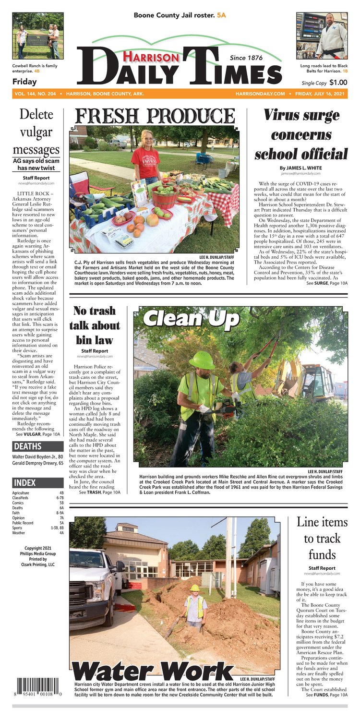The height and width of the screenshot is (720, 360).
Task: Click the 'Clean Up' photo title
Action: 191,318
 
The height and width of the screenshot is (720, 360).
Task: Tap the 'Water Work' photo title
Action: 153,671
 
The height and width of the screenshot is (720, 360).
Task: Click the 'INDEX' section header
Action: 25,482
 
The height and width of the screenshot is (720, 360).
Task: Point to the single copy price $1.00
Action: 335,83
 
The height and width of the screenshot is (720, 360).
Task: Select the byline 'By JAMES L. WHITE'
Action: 300,168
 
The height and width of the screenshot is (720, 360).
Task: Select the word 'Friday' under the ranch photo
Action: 24,82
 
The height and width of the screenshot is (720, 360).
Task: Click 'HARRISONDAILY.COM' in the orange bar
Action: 260,94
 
